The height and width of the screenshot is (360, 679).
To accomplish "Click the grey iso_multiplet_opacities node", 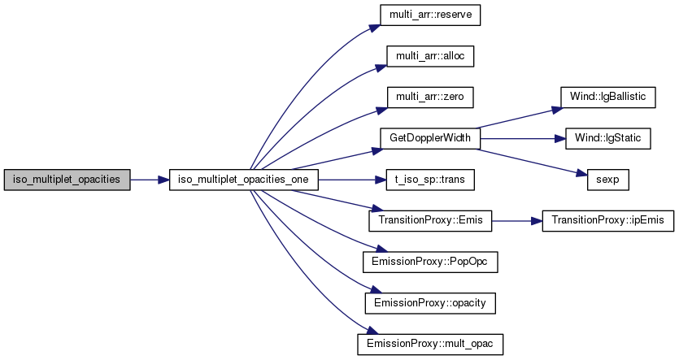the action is (67, 180).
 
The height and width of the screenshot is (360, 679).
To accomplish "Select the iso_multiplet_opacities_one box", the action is (243, 180).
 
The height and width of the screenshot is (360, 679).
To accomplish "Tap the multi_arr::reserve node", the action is (430, 15).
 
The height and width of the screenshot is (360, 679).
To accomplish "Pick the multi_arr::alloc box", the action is (430, 56).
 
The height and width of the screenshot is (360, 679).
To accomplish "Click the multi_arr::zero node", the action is (430, 98).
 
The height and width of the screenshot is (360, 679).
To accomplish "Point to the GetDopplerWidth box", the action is (430, 138).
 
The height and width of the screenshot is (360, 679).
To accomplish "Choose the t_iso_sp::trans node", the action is (430, 180).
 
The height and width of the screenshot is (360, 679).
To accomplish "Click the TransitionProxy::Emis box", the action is (430, 221).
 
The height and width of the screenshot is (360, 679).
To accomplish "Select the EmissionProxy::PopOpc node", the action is (430, 262).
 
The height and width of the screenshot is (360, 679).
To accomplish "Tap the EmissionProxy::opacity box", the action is (430, 303).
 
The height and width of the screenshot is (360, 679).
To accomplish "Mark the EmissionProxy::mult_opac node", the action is (430, 345).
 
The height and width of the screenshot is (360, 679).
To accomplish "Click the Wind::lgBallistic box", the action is (608, 98).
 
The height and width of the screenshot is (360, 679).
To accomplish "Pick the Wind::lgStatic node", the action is (608, 138).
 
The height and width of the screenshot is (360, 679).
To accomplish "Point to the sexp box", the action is (608, 180).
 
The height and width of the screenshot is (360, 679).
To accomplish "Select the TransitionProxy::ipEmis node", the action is (608, 221).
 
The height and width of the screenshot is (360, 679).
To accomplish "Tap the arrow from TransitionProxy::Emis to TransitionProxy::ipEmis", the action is (517, 221).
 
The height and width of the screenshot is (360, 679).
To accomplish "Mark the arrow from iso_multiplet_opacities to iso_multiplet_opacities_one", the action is (150, 180).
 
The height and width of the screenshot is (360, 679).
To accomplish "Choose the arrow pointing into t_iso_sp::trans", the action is (352, 180).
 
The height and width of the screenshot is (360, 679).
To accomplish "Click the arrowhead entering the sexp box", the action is (582, 174).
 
